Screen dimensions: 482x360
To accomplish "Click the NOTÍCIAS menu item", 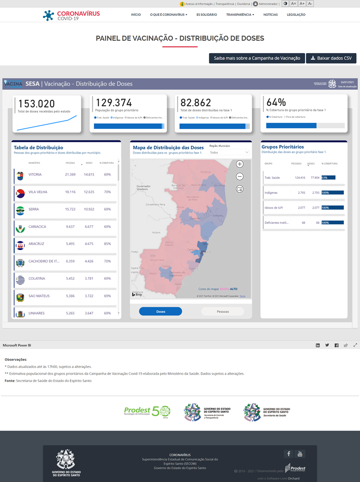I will [x=270, y=15].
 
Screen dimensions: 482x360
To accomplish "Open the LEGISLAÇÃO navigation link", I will [x=296, y=15].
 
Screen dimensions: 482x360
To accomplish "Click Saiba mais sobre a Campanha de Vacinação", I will [x=256, y=58].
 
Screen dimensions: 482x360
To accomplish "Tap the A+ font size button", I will [x=302, y=4].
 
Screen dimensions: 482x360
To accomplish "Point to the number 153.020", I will [x=36, y=103].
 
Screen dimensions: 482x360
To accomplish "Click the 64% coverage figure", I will [x=276, y=102].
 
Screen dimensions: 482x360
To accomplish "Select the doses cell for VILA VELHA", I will [x=89, y=192].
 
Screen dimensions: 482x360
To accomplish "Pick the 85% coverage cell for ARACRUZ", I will [x=107, y=244].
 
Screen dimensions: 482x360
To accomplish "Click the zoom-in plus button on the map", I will [x=240, y=164].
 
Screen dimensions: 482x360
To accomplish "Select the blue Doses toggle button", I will [x=161, y=311].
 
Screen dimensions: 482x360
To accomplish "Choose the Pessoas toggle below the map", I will [x=223, y=311].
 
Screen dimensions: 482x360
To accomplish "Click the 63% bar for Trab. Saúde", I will [x=328, y=177].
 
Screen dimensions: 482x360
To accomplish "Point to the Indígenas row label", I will [x=271, y=193].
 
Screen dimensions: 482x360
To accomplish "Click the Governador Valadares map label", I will [x=144, y=187].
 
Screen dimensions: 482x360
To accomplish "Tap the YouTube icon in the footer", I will [x=300, y=454].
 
